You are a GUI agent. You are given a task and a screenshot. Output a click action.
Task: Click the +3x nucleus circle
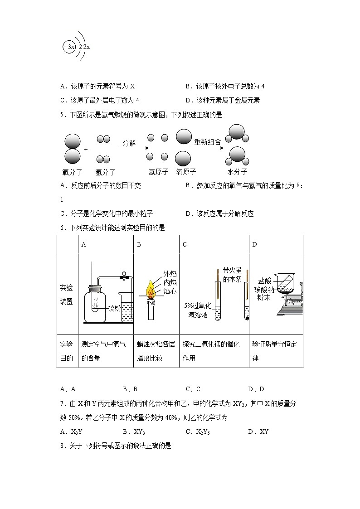click(x=69, y=47)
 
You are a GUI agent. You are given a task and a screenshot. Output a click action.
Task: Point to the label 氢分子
click(x=105, y=172)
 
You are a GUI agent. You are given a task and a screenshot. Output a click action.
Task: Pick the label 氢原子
click(x=158, y=172)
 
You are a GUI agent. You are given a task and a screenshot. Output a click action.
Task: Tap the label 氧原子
click(x=185, y=172)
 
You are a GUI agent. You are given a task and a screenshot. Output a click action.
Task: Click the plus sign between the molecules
click(x=86, y=149)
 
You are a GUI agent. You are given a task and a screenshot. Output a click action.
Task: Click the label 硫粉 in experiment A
click(x=114, y=308)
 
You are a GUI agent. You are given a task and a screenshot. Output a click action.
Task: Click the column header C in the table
click(x=185, y=245)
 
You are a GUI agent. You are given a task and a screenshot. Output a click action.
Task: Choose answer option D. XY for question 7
click(x=258, y=431)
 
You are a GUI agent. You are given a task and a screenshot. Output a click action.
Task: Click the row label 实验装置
click(x=67, y=295)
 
